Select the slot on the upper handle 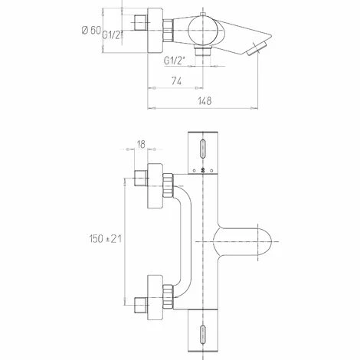pos(203,148)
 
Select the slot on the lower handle pos(203,332)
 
